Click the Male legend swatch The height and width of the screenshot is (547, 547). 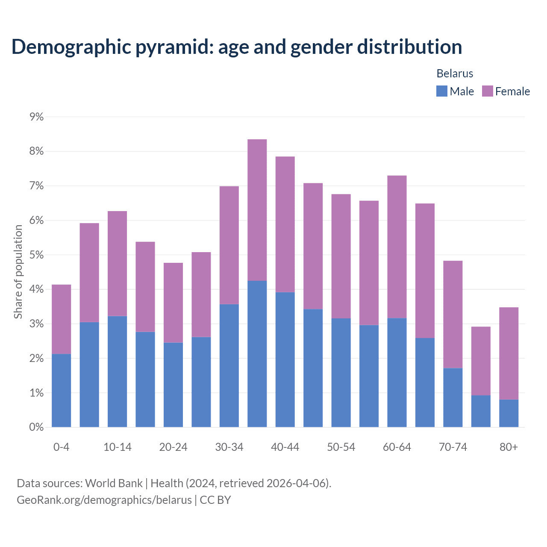[442, 91]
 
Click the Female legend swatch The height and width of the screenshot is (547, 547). [488, 91]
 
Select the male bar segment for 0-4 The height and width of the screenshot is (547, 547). [62, 390]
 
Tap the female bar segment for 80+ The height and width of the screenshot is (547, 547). [509, 353]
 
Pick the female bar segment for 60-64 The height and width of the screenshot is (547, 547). [397, 247]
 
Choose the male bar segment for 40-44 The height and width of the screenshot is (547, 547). [285, 359]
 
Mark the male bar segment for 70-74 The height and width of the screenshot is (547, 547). [453, 397]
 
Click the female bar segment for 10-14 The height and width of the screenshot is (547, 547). [118, 263]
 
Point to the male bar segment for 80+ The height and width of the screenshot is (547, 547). [509, 413]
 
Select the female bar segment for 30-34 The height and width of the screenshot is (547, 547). [229, 245]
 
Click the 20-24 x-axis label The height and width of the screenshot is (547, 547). [173, 447]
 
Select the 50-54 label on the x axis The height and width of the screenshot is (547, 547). [341, 447]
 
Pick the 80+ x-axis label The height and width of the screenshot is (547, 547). [509, 447]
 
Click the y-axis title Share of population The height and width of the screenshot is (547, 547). [18, 272]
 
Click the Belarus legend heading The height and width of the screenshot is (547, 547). [455, 74]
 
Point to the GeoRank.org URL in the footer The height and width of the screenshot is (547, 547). [104, 500]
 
